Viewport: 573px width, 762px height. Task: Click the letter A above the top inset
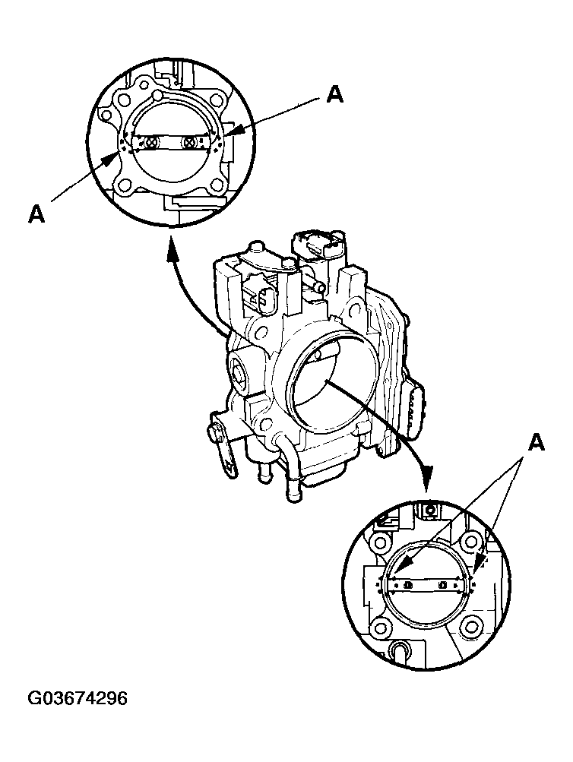pyautogui.click(x=334, y=93)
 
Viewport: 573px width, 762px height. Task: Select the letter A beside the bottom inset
pyautogui.click(x=537, y=442)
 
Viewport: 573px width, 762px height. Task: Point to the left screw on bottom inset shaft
pyautogui.click(x=408, y=585)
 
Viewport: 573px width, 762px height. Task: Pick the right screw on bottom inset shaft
pyautogui.click(x=443, y=585)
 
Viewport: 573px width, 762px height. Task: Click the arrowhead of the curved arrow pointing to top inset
pyautogui.click(x=171, y=249)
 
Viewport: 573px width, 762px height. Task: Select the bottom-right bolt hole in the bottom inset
pyautogui.click(x=472, y=628)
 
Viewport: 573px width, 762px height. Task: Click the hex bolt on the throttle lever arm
pyautogui.click(x=216, y=434)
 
